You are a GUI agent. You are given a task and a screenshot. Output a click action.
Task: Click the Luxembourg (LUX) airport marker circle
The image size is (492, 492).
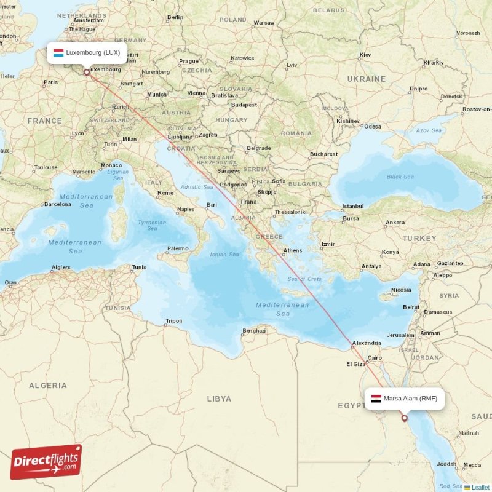point(86,72)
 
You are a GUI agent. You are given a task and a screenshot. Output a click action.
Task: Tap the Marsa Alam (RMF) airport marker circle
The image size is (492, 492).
point(404,418)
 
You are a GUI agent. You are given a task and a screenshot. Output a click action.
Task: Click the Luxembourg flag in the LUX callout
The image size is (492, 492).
point(58,53)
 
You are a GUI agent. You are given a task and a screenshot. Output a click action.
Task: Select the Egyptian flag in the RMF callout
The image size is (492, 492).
point(376,399)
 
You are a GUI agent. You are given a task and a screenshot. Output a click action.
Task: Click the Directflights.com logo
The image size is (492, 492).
point(46,462)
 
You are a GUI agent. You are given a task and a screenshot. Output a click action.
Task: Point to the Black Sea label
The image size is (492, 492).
point(400,177)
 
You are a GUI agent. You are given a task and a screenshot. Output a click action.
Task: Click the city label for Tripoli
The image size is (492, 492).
point(174,320)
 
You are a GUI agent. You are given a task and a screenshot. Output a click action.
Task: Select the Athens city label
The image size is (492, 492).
point(292,250)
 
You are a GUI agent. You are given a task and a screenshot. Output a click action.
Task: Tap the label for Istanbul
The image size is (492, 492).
point(353,206)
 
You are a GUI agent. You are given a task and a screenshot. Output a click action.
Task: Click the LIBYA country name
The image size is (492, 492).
point(219,399)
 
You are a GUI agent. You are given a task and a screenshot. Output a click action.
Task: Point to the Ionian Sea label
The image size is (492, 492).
point(224,254)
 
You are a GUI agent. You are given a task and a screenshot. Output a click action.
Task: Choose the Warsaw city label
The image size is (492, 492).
point(264,23)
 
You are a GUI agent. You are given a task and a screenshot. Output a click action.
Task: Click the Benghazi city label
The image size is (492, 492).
point(254,330)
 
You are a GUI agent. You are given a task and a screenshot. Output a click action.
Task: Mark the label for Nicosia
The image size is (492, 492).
point(401,290)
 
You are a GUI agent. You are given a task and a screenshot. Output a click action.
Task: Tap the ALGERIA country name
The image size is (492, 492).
point(47,386)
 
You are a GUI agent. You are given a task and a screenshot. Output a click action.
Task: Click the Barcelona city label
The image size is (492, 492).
point(57,204)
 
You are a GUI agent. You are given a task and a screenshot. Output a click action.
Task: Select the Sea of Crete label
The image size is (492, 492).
point(304,279)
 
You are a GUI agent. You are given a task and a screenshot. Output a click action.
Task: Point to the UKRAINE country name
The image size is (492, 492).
point(366,79)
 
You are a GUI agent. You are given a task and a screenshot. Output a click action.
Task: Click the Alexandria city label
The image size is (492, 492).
point(366,343)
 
